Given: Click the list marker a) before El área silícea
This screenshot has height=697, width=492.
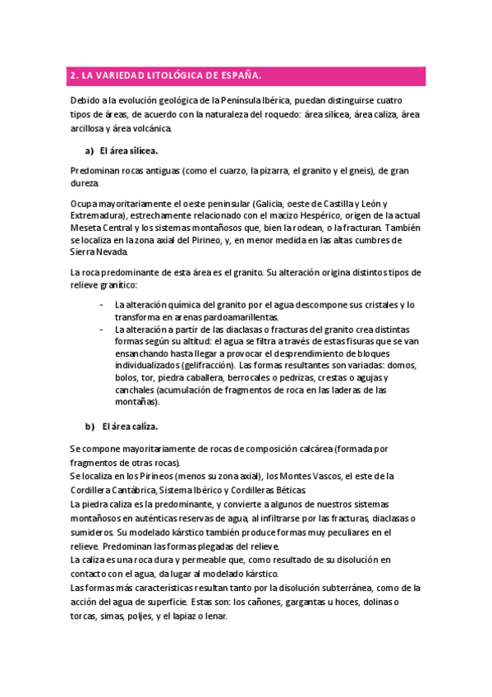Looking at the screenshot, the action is coord(89,151).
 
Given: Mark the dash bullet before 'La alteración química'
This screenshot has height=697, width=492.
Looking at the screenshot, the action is coord(100,304).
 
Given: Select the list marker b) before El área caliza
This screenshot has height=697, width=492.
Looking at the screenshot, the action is coord(90,427).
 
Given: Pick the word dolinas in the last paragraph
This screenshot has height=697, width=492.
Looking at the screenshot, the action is coord(373,602).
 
